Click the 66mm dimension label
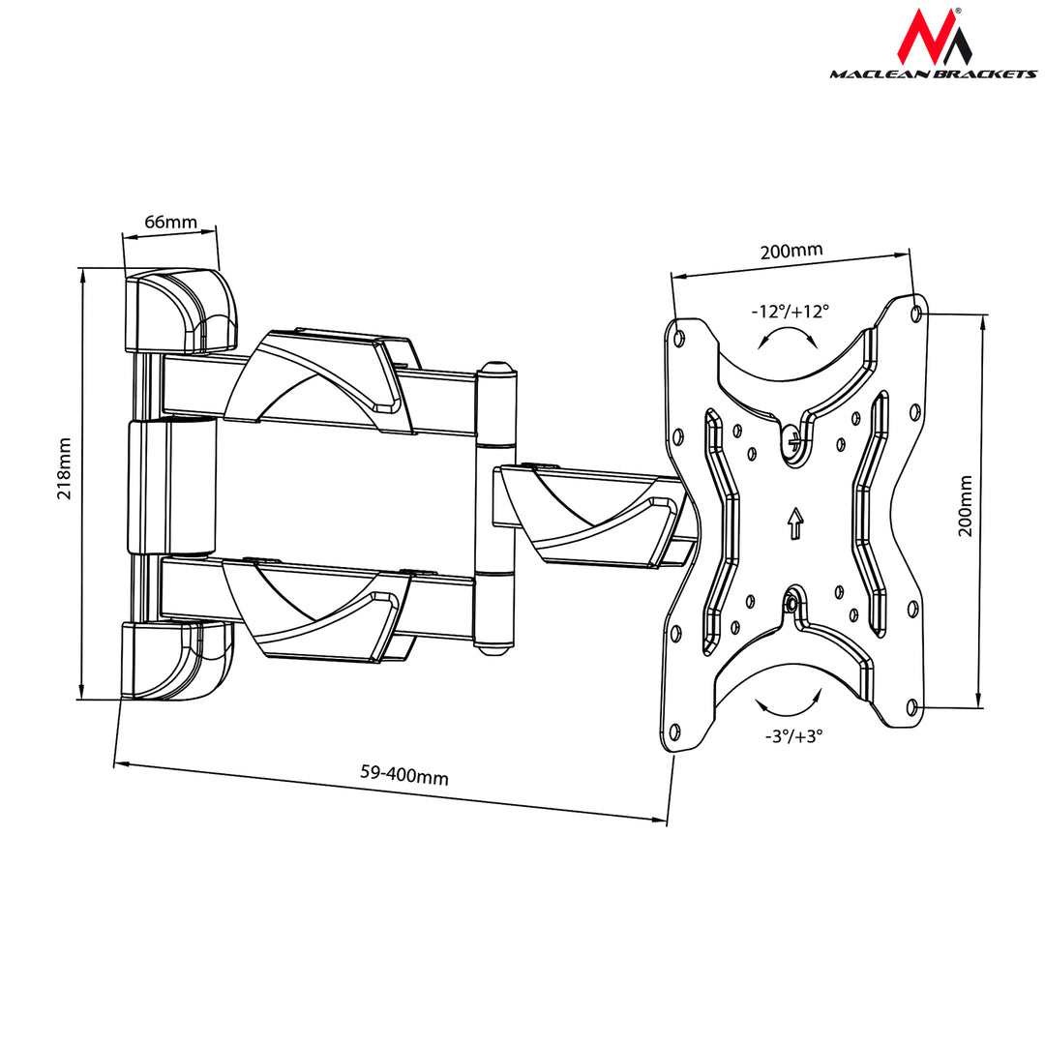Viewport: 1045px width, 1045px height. point(170,222)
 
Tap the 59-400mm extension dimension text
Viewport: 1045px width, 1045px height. point(404,775)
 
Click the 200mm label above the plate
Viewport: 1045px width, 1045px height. point(791,251)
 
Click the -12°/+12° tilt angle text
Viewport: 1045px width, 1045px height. point(790,312)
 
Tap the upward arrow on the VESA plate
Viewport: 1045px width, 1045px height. point(794,523)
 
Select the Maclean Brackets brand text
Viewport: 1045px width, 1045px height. point(932,75)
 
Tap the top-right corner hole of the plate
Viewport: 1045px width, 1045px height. point(916,313)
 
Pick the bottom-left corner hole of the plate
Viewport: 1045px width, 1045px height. point(675,731)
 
